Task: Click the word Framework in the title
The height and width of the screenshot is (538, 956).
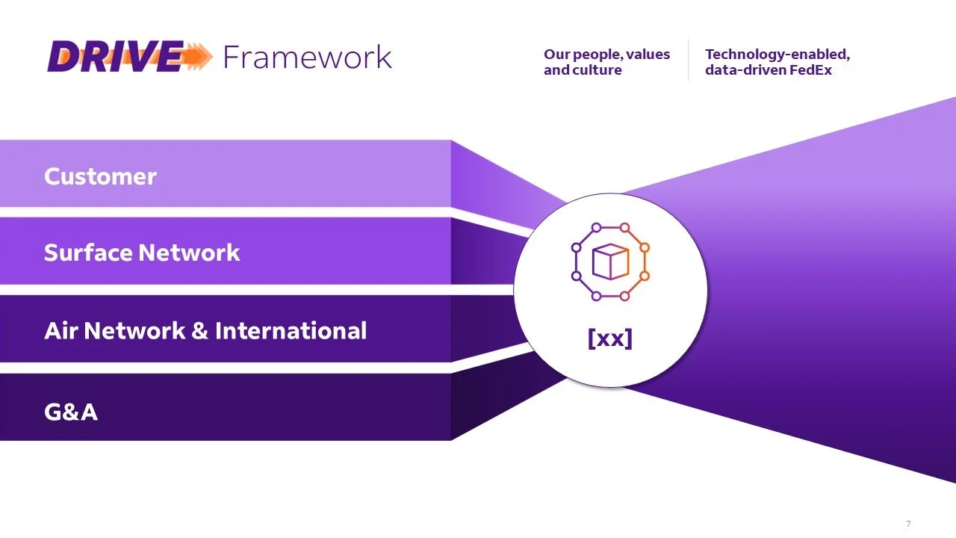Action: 307,57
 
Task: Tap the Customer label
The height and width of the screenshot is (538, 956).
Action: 100,176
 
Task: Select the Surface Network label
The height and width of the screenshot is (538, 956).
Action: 142,253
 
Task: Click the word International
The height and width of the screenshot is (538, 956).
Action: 291,331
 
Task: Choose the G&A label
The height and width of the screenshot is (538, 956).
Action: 71,412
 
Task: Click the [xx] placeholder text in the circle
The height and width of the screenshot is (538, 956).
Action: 609,338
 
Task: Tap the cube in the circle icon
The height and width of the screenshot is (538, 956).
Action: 609,262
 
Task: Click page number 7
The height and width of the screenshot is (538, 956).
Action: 908,524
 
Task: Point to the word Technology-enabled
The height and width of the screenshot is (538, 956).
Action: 777,55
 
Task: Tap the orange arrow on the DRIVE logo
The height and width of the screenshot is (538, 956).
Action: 196,57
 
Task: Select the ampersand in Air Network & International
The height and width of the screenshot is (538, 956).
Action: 199,331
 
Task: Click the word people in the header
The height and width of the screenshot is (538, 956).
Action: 596,55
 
